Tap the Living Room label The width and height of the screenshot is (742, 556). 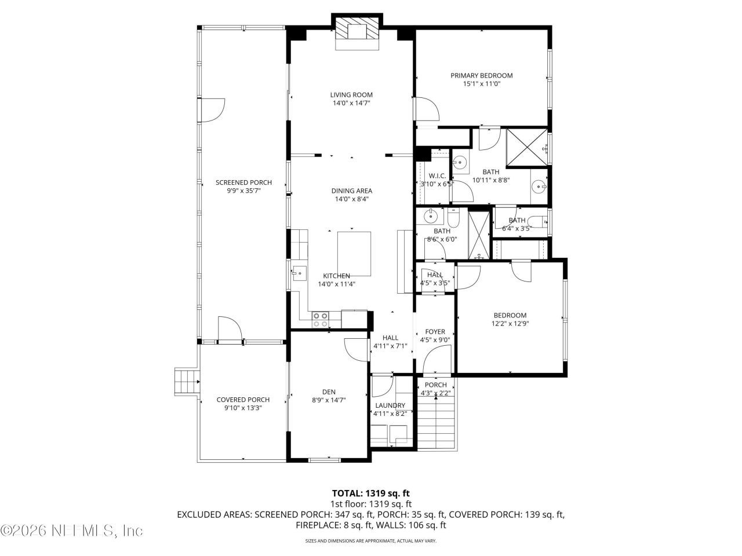(x=351, y=95)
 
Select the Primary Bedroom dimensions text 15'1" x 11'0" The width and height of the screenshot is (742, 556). (x=481, y=84)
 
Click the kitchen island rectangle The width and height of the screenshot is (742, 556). (x=354, y=254)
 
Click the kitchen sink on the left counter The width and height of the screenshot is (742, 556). (x=299, y=272)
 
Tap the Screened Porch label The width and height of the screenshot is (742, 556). (x=243, y=182)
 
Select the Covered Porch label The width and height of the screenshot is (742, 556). (x=243, y=400)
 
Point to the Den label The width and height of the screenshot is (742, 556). (x=329, y=392)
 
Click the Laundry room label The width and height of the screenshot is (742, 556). (x=390, y=405)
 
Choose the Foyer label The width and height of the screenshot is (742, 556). (x=435, y=332)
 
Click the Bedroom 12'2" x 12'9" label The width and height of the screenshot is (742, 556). (x=510, y=316)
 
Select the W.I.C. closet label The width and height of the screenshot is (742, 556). (x=437, y=176)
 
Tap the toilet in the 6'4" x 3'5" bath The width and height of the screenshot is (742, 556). (x=539, y=222)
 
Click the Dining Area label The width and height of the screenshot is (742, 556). (x=351, y=191)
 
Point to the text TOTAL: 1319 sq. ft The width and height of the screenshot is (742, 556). (x=371, y=493)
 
